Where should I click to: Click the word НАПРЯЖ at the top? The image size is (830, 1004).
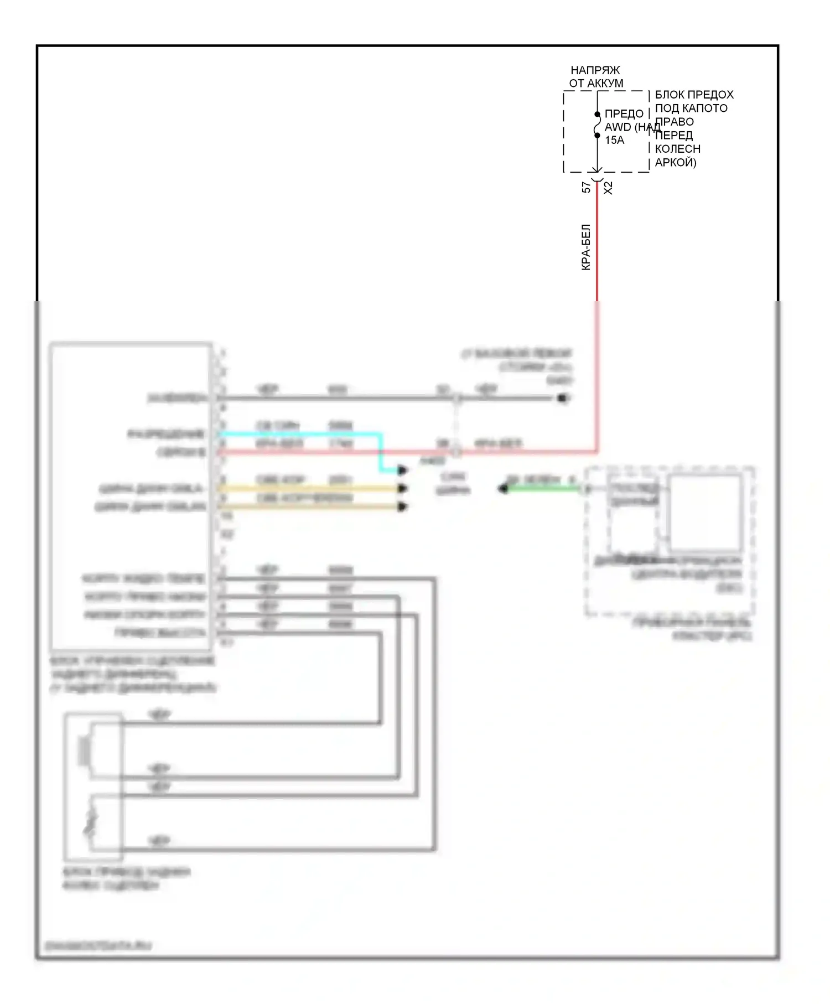(595, 70)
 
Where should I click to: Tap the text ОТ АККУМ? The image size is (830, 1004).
(596, 83)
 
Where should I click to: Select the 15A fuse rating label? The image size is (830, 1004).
(614, 140)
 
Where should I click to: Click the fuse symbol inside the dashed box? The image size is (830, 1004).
(597, 125)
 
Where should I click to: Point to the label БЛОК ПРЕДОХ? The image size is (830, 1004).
(694, 95)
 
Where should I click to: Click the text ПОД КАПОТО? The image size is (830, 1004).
(691, 108)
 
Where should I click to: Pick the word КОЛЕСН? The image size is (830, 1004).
(677, 149)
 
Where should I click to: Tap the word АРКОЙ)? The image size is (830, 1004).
(675, 162)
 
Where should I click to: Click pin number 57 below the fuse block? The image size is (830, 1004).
(586, 188)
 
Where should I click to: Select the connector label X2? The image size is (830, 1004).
(608, 188)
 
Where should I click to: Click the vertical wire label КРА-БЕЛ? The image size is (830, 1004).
(586, 247)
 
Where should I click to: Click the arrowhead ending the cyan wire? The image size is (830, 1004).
(403, 470)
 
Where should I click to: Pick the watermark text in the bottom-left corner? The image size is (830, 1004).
(97, 946)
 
